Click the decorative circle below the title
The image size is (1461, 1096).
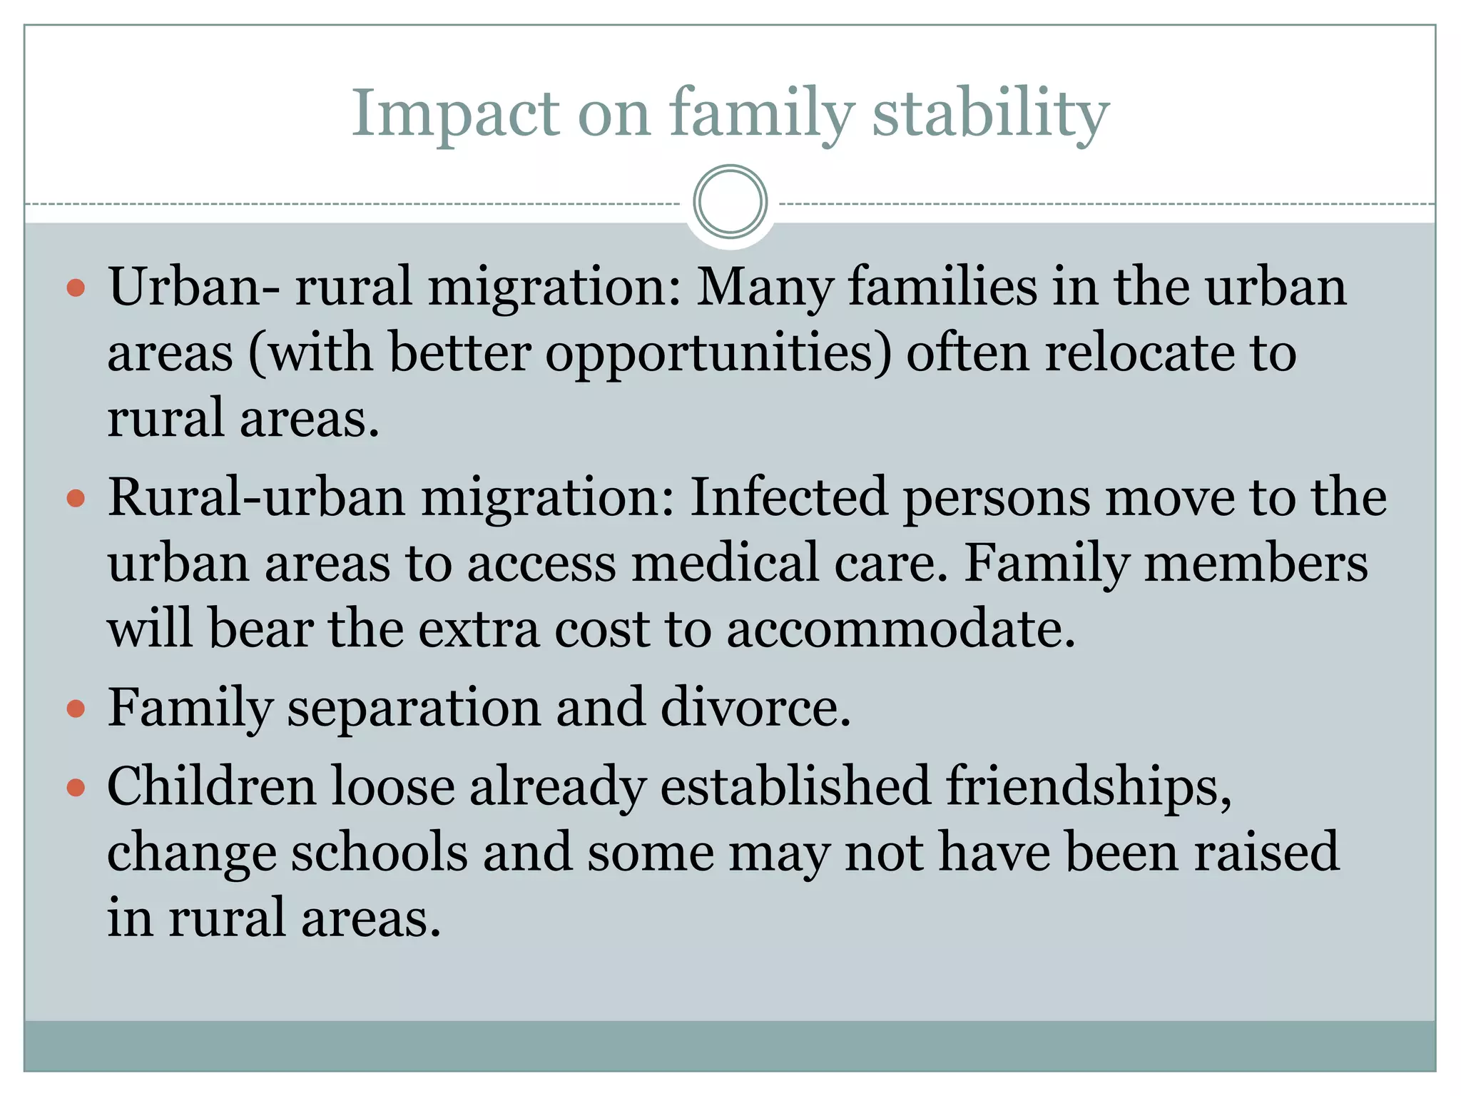730,201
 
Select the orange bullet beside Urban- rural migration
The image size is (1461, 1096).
76,288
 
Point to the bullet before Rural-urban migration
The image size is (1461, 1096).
76,498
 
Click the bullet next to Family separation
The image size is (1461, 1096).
76,709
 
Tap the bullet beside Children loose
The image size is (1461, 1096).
76,788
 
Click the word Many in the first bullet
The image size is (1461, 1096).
765,287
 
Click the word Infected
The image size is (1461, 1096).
788,497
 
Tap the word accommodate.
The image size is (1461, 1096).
900,629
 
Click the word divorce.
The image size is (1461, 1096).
755,707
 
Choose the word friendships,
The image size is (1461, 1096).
1089,786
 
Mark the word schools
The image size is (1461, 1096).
379,852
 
